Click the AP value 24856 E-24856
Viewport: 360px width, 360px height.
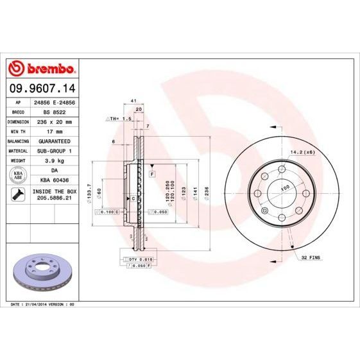pyautogui.click(x=55, y=102)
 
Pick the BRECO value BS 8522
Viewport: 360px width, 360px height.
pyautogui.click(x=55, y=111)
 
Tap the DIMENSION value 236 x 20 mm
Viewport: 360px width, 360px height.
pyautogui.click(x=55, y=121)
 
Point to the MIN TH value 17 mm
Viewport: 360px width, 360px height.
pyautogui.click(x=55, y=130)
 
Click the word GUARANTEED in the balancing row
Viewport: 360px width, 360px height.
pyautogui.click(x=55, y=140)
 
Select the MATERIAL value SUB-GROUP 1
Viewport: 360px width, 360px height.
pyautogui.click(x=55, y=150)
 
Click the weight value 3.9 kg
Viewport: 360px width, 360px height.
pyautogui.click(x=55, y=159)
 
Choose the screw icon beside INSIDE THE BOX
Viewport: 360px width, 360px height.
pyautogui.click(x=17, y=194)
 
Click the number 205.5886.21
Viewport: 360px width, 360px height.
pyautogui.click(x=55, y=200)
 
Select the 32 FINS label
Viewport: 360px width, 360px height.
pyautogui.click(x=312, y=257)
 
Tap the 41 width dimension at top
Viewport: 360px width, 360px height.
pyautogui.click(x=132, y=101)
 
